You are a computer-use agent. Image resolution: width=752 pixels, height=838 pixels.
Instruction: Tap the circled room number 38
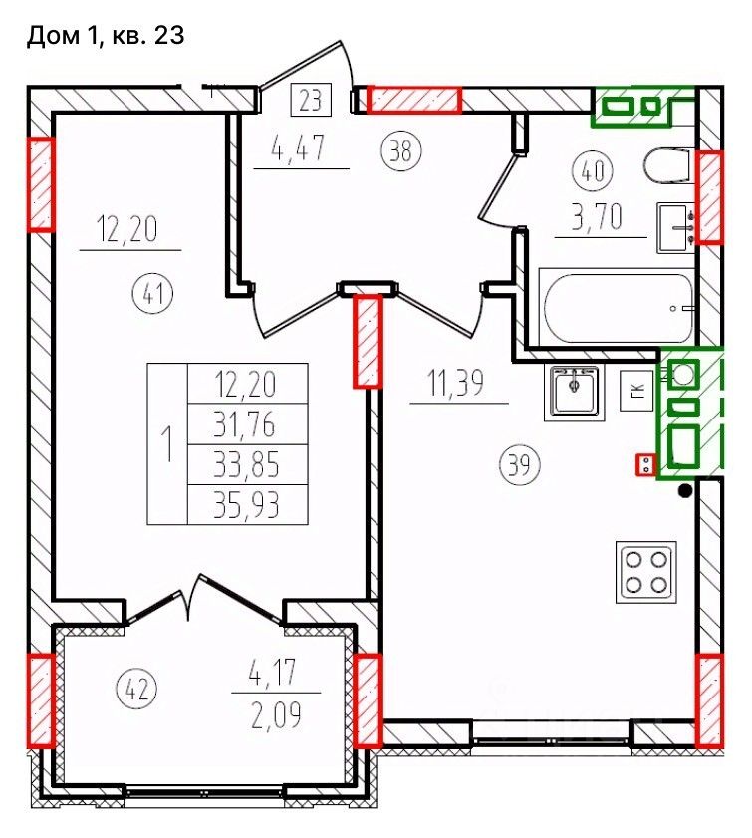pos(401,151)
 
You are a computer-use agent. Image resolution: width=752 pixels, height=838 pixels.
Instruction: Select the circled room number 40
pos(593,171)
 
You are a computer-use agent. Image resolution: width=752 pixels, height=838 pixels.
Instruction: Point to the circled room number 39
pos(520,464)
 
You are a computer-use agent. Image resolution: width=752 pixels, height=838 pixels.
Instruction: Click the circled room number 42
pos(136,689)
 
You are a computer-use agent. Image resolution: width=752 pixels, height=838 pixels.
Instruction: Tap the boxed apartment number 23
pos(311,100)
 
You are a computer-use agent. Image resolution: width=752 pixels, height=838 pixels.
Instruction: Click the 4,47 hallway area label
pos(298,148)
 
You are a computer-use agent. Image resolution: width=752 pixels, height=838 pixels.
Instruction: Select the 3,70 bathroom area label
pos(597,217)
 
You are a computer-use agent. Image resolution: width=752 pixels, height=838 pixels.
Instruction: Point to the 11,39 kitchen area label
pos(455,384)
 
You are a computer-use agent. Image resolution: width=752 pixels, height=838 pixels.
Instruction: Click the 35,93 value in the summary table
pos(246,505)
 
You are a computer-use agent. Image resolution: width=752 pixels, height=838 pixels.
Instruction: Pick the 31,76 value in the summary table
pos(245,424)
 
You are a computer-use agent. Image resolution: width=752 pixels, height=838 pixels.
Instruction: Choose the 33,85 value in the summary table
pos(246,465)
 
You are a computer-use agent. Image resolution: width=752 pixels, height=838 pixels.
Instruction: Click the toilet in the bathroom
pos(667,165)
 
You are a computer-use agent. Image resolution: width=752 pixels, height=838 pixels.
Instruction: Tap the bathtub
pos(618,307)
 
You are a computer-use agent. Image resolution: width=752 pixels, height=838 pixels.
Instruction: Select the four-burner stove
pos(646,572)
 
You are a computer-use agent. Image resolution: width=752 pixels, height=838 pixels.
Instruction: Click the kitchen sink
pos(574,391)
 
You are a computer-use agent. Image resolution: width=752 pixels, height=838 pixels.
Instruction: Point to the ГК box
pos(636,391)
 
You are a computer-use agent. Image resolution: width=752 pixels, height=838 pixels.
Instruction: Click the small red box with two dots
pos(645,464)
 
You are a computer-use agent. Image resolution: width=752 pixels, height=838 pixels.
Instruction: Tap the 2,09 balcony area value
pos(276,714)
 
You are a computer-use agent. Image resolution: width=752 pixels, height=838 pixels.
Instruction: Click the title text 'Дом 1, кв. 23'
pos(106,36)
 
